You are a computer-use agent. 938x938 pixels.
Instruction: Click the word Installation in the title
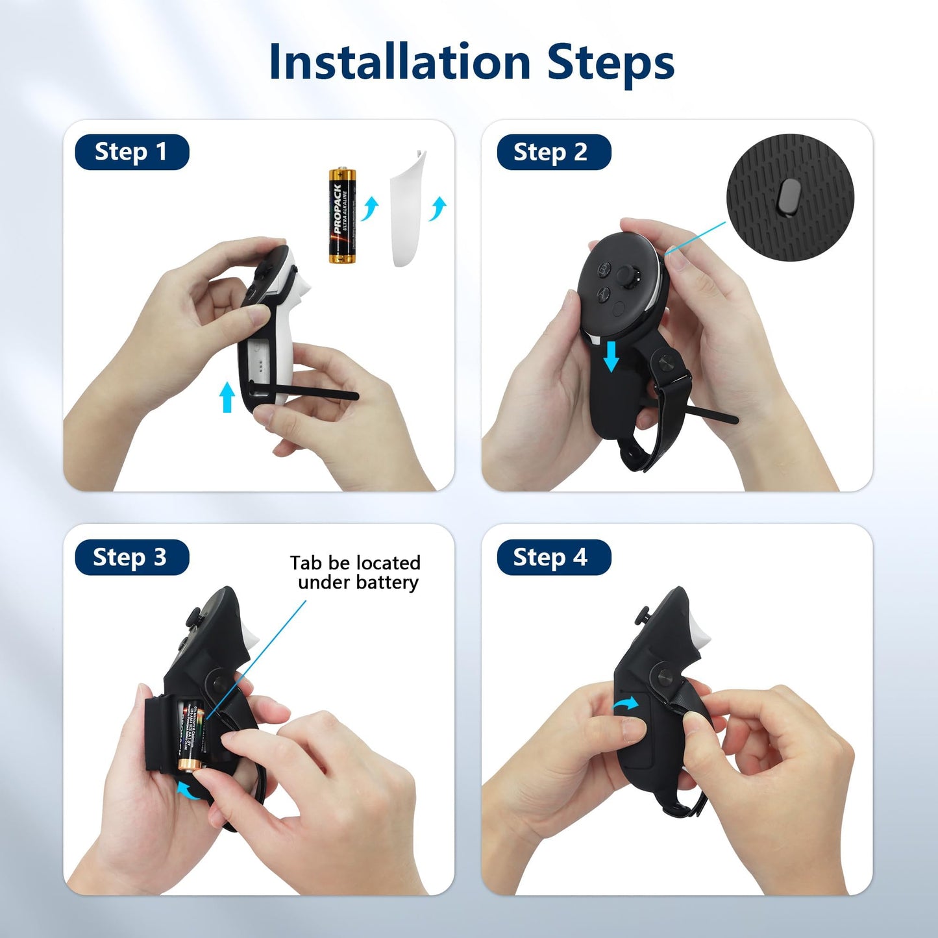click(x=399, y=62)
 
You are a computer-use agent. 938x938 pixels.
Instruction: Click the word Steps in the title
click(x=610, y=62)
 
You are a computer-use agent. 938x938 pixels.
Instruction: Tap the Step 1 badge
click(x=132, y=152)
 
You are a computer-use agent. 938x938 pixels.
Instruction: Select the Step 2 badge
click(x=553, y=152)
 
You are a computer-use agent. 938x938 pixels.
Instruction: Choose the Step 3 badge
click(x=132, y=557)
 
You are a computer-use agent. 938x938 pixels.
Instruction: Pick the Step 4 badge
click(x=553, y=557)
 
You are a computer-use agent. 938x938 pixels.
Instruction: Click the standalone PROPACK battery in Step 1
click(x=342, y=216)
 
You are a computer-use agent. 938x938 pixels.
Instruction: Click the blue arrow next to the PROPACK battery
click(x=370, y=208)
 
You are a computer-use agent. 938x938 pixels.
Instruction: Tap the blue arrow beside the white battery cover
click(x=438, y=208)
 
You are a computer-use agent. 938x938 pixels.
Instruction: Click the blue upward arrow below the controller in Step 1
click(x=227, y=397)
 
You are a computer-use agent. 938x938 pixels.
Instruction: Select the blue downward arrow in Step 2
click(x=611, y=356)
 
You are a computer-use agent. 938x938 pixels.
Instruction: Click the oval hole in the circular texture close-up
click(x=789, y=196)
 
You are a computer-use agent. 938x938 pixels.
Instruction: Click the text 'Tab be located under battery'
click(x=355, y=572)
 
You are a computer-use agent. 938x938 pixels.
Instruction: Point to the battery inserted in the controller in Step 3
click(x=192, y=737)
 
